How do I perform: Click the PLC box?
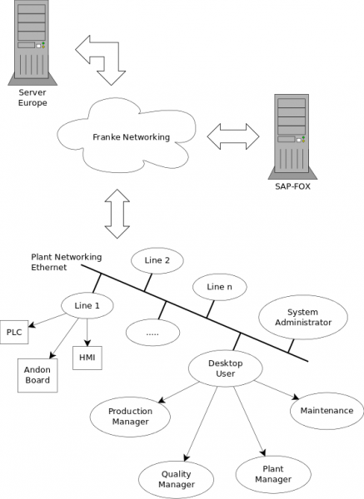[x=14, y=331]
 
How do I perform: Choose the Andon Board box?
[x=36, y=375]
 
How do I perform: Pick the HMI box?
[x=87, y=357]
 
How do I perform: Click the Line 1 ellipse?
[x=87, y=305]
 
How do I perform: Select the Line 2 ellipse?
[x=157, y=260]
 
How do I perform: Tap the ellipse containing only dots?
[x=152, y=332]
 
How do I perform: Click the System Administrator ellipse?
[x=297, y=318]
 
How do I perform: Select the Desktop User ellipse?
[x=221, y=368]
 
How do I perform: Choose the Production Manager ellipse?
[x=129, y=416]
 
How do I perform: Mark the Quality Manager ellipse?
[x=177, y=479]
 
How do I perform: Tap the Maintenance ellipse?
[x=327, y=410]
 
